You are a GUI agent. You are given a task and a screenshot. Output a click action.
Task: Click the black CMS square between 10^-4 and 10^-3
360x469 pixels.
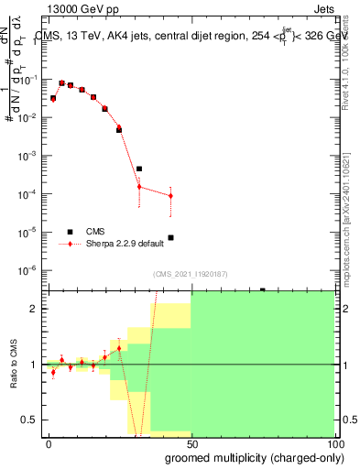(139, 169)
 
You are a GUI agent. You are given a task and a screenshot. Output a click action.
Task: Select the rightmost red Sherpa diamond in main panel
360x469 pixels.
(170, 196)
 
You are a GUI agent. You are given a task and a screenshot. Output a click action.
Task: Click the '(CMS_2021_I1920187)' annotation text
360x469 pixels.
(189, 273)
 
